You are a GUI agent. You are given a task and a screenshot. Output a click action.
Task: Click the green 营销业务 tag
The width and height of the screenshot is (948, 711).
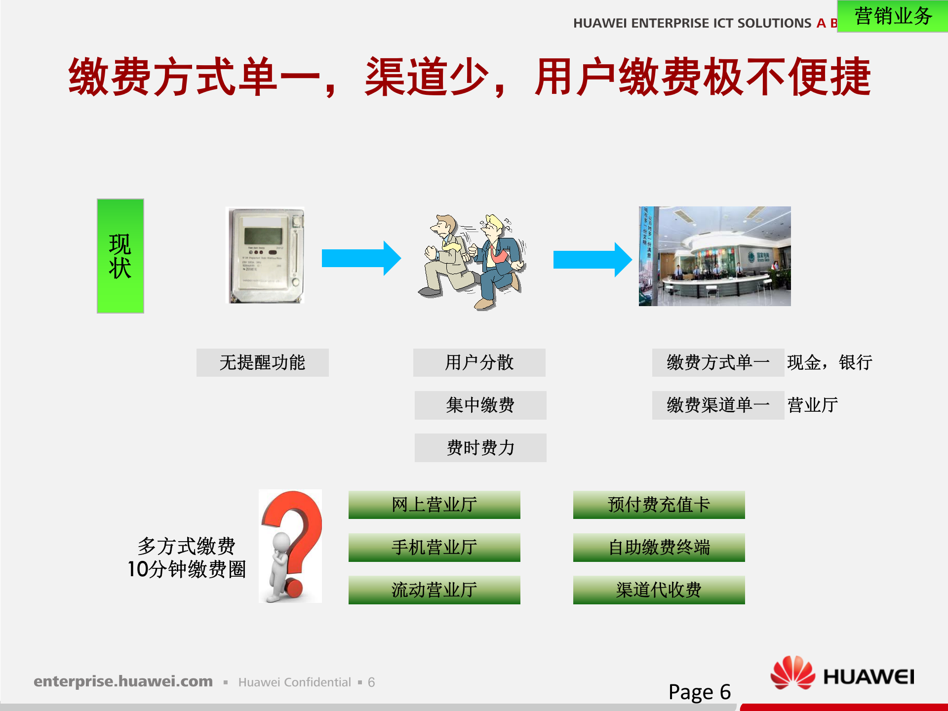[892, 16]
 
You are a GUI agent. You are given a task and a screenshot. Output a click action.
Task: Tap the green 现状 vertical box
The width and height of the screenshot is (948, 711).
[120, 256]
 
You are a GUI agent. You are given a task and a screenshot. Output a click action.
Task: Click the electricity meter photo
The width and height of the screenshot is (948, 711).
[265, 255]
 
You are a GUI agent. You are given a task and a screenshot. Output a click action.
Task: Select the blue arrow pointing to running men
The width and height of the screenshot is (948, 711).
[361, 258]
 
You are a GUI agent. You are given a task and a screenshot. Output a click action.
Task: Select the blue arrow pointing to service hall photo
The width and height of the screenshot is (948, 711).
[592, 259]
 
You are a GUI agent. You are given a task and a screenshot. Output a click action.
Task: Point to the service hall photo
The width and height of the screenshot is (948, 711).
[714, 256]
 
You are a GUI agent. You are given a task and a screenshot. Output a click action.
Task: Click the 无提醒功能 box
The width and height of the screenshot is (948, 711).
[262, 362]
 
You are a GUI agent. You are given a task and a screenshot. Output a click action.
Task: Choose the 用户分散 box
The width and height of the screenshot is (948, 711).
[479, 362]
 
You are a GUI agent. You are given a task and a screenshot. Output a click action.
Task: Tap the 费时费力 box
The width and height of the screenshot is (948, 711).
[480, 448]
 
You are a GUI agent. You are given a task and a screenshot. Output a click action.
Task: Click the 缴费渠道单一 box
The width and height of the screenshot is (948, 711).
[717, 405]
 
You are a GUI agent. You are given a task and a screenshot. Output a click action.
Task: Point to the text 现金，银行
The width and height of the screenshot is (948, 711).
[829, 362]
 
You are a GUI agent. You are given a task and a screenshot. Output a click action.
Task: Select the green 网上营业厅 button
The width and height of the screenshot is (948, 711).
[434, 505]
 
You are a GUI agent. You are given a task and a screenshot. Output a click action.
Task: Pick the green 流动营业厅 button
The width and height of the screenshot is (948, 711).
[434, 590]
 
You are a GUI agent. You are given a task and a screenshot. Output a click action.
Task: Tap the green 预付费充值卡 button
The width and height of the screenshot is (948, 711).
[659, 505]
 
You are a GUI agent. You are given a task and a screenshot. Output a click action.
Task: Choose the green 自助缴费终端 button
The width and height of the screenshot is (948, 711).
[659, 547]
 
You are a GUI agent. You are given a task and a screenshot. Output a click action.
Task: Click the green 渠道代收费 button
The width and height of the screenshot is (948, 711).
[659, 590]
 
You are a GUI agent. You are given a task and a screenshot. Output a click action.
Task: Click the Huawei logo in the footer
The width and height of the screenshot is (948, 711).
[842, 674]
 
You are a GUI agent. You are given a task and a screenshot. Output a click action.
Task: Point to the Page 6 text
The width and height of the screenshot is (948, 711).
[699, 692]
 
